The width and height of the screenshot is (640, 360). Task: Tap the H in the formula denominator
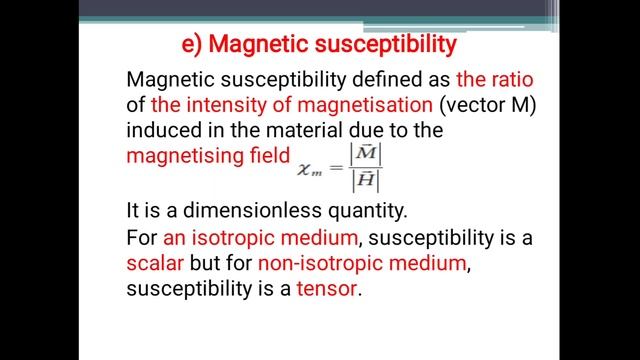pos(365,182)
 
